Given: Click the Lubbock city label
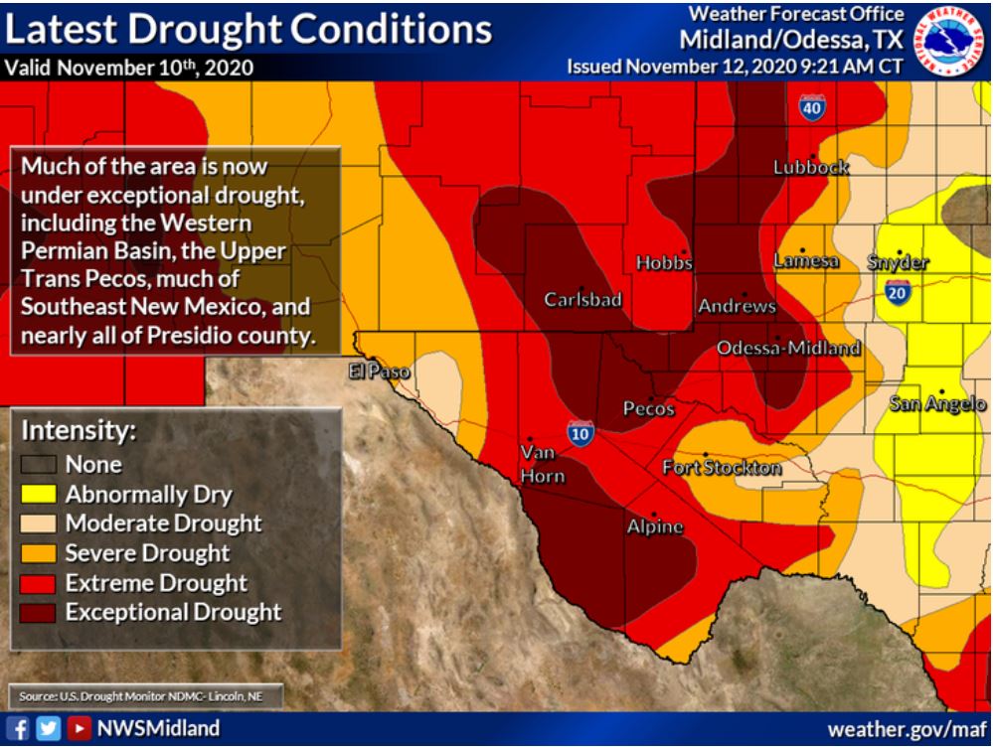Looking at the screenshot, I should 810,168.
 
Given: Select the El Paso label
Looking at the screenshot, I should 379,372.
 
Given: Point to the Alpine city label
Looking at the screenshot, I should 654,527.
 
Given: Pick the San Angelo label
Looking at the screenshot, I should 937,403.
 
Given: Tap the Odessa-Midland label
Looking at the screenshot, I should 788,349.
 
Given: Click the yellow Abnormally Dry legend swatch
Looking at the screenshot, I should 41,493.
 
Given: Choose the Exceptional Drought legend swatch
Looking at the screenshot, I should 41,612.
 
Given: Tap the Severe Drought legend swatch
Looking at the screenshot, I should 41,552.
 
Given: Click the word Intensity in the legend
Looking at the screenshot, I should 79,432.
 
